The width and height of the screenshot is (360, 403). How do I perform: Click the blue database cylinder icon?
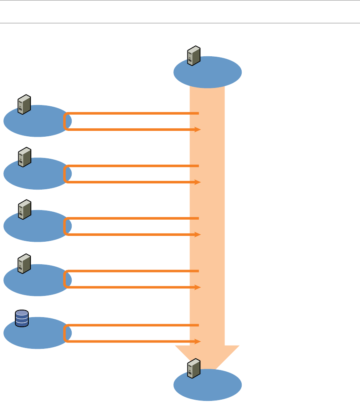click(22, 318)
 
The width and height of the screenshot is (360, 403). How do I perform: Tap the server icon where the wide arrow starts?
click(194, 56)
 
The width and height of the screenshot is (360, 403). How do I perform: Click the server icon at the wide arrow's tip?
click(194, 369)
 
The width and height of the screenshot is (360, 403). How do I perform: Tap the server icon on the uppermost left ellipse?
click(24, 104)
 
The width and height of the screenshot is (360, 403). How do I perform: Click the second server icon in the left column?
click(24, 157)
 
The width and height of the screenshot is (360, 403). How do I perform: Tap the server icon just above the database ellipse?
click(24, 263)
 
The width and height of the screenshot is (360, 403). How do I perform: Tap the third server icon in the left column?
click(24, 209)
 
